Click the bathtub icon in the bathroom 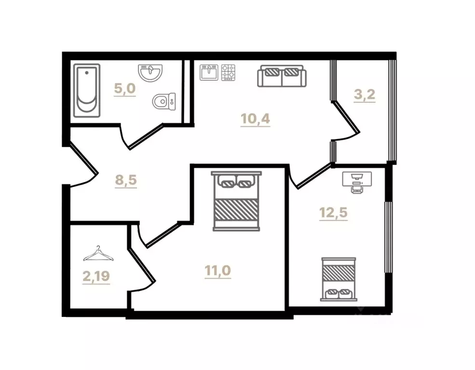tap(87, 91)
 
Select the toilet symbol tap(163, 101)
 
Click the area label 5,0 tap(124, 89)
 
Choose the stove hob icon tap(229, 73)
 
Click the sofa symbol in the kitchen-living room tap(282, 76)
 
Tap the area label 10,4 tap(256, 118)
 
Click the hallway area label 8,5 tap(126, 180)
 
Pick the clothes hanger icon tap(98, 253)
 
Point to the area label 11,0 tap(218, 271)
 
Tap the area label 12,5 tap(333, 212)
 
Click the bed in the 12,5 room tap(338, 279)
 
